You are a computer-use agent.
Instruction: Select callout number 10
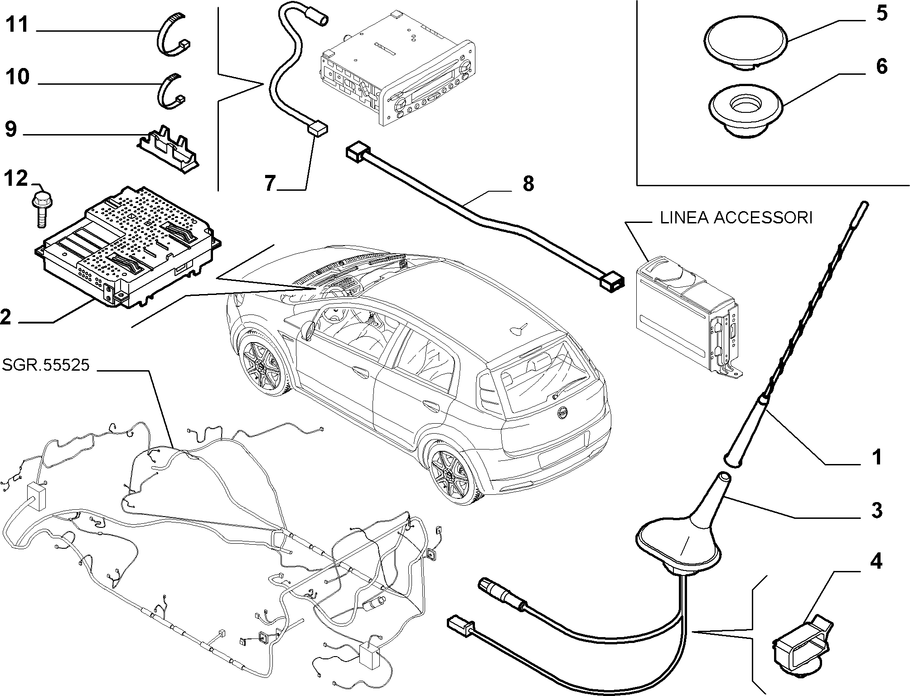pyautogui.click(x=18, y=77)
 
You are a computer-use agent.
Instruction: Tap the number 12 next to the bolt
pyautogui.click(x=16, y=179)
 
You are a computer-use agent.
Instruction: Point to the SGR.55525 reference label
pyautogui.click(x=46, y=365)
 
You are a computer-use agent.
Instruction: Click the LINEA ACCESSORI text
pyautogui.click(x=736, y=218)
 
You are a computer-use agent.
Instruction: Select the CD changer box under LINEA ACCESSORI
pyautogui.click(x=687, y=313)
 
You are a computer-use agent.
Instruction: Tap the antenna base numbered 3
pyautogui.click(x=680, y=539)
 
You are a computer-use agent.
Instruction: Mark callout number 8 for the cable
pyautogui.click(x=528, y=184)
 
